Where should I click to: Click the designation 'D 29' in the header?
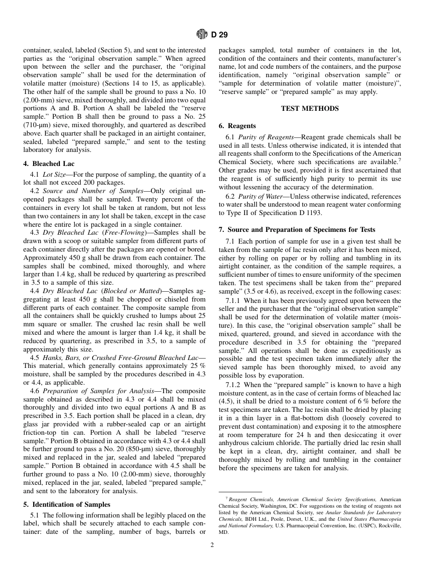(x=219, y=34)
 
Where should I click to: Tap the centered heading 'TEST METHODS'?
(x=309, y=108)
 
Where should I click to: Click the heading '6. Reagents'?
(x=237, y=125)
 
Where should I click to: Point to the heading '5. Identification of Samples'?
(x=67, y=504)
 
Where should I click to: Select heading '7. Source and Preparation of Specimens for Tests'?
(x=297, y=230)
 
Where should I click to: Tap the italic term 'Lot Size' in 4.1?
(x=54, y=174)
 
